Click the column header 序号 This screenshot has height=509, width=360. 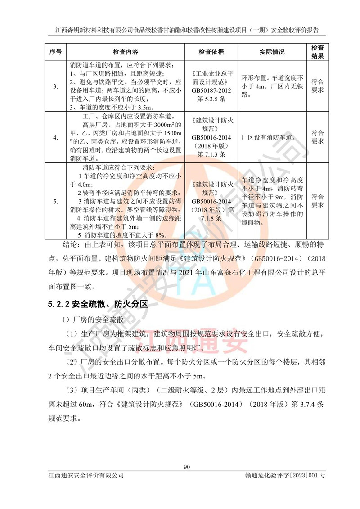[x=55, y=52]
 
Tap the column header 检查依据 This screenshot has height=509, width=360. [x=211, y=52]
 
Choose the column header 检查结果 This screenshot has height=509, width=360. [x=318, y=52]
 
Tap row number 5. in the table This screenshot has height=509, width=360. [x=55, y=201]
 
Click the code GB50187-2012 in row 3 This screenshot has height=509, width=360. [x=211, y=90]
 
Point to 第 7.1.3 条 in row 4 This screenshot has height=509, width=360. [x=211, y=154]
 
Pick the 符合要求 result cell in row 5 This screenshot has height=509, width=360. [x=318, y=201]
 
